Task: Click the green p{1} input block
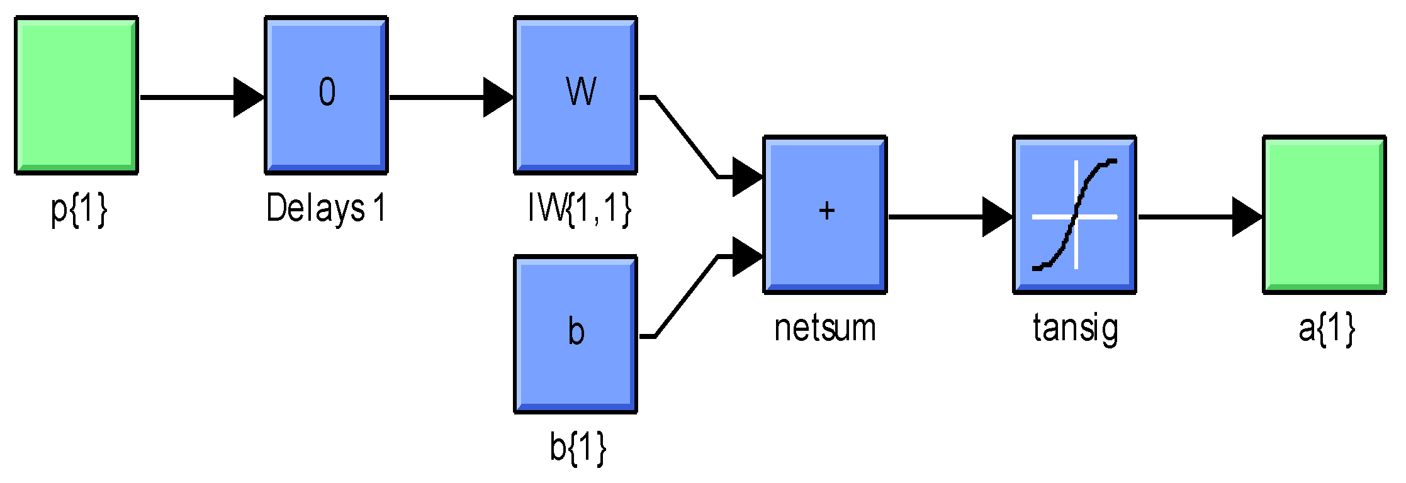(76, 94)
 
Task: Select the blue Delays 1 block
(326, 94)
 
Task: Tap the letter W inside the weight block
(580, 92)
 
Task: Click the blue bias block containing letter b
(576, 334)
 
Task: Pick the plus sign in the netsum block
(826, 211)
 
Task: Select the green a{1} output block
(1324, 214)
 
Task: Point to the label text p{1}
(79, 209)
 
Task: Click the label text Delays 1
(325, 208)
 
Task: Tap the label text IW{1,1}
(579, 208)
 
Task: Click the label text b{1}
(578, 447)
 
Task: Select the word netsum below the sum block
(825, 328)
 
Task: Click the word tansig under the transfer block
(1076, 328)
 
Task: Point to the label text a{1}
(1326, 328)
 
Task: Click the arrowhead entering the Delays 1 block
(248, 97)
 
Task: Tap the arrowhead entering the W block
(498, 97)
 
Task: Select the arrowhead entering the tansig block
(997, 217)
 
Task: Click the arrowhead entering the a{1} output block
(1246, 217)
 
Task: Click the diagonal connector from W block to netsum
(686, 137)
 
